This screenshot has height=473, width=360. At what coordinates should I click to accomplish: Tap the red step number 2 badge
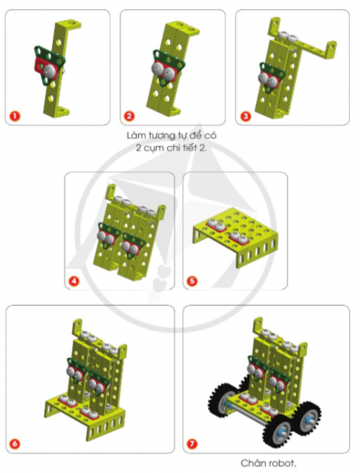(129, 116)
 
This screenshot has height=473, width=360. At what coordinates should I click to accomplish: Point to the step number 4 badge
(74, 281)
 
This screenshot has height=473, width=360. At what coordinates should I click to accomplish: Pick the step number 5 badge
(192, 281)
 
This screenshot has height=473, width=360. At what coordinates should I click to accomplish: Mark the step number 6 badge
(16, 444)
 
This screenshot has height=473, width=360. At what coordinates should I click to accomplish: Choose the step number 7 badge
(193, 444)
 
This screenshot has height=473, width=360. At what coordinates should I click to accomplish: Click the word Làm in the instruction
(136, 137)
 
